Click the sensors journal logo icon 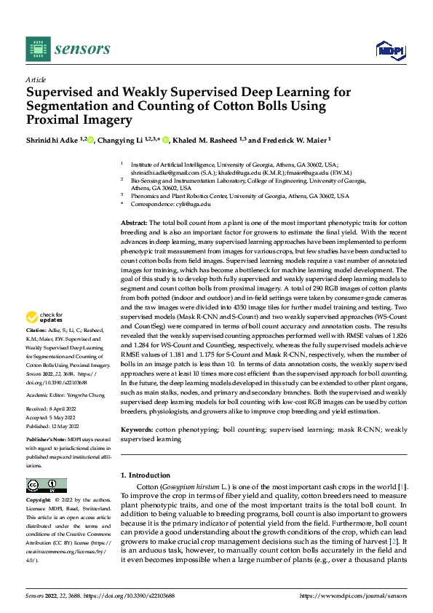[x=37, y=49]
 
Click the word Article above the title [x=36, y=79]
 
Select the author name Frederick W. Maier [x=290, y=140]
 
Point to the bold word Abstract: [x=134, y=222]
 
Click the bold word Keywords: [x=137, y=430]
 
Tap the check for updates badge [x=41, y=317]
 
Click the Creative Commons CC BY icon [x=46, y=486]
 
